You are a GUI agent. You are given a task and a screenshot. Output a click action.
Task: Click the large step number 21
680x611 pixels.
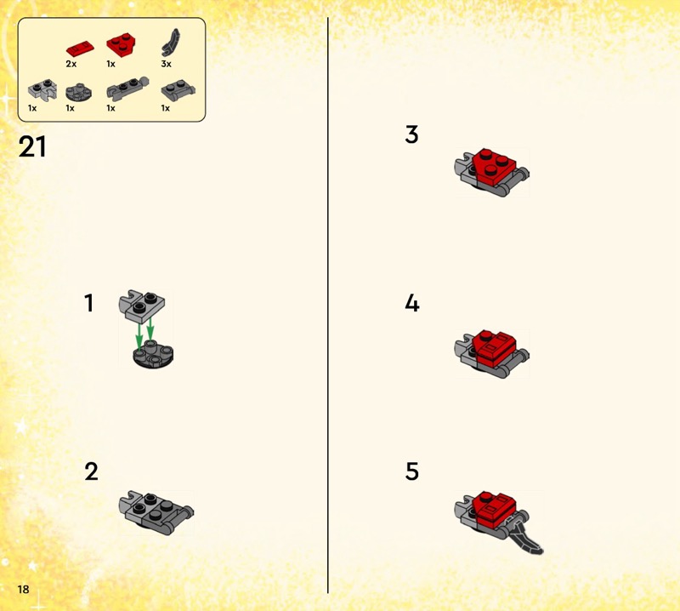pyautogui.click(x=32, y=146)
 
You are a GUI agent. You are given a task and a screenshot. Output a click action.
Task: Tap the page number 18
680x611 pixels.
pyautogui.click(x=23, y=589)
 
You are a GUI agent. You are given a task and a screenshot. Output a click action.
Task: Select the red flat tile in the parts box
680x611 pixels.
pyautogui.click(x=80, y=49)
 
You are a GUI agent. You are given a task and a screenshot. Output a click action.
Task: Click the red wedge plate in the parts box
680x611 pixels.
pyautogui.click(x=121, y=44)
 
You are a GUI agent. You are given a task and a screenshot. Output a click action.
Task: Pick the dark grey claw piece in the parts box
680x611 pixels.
pyautogui.click(x=171, y=43)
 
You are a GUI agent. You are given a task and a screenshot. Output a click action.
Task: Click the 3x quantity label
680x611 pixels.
pyautogui.click(x=166, y=64)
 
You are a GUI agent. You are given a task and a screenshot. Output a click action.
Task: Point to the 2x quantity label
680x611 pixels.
pyautogui.click(x=71, y=64)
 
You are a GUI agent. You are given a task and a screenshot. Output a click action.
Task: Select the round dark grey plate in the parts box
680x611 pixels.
pyautogui.click(x=78, y=92)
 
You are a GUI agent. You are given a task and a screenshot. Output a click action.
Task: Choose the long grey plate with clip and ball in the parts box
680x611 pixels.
pyautogui.click(x=127, y=89)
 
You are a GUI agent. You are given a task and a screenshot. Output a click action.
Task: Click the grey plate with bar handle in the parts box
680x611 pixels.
pyautogui.click(x=178, y=90)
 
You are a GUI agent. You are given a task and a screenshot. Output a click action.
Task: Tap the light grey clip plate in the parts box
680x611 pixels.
pyautogui.click(x=42, y=89)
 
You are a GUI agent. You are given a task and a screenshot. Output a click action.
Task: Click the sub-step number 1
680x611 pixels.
pyautogui.click(x=89, y=303)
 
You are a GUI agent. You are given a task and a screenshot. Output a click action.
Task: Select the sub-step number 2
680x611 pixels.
pyautogui.click(x=92, y=471)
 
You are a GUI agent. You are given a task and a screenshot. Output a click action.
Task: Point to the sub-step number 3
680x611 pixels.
pyautogui.click(x=411, y=134)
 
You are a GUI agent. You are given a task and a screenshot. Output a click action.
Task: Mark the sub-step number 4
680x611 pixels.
pyautogui.click(x=412, y=303)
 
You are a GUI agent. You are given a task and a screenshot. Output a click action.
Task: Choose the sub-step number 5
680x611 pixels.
pyautogui.click(x=412, y=471)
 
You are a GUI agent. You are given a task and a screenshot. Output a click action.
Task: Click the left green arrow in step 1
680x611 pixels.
pyautogui.click(x=139, y=335)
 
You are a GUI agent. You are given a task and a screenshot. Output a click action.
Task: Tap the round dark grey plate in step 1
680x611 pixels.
pyautogui.click(x=153, y=354)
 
